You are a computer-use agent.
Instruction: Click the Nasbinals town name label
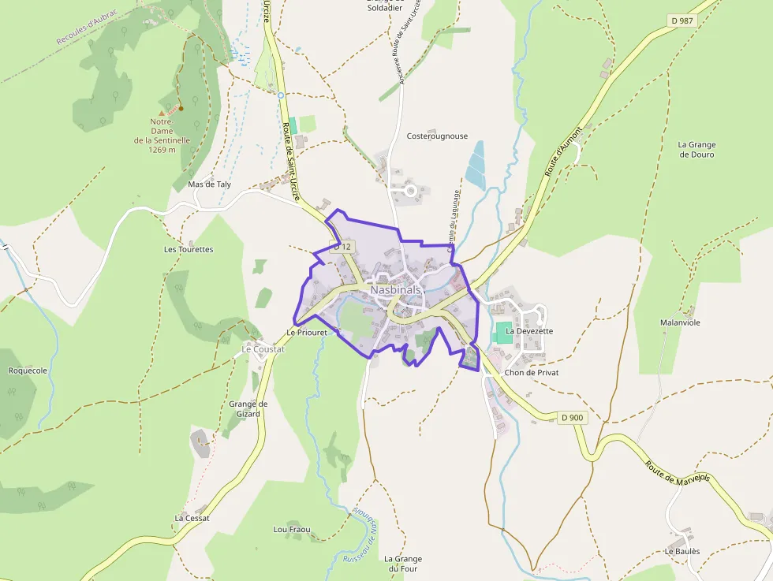tap(395, 290)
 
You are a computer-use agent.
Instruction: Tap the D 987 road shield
tap(682, 20)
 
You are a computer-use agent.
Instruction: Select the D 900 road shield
tap(573, 417)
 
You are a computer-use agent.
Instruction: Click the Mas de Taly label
tap(210, 184)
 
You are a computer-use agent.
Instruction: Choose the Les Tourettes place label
tap(189, 249)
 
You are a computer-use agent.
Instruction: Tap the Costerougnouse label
tap(437, 136)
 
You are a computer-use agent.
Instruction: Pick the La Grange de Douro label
tap(696, 150)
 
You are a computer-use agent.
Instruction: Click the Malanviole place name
tap(680, 323)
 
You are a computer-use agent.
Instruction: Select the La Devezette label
tap(529, 331)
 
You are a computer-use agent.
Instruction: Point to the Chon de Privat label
tap(532, 372)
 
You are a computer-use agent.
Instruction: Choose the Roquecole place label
tap(28, 371)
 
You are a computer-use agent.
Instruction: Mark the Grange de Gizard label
tap(248, 409)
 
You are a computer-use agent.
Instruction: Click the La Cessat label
tap(192, 518)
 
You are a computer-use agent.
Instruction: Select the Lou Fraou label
tap(292, 529)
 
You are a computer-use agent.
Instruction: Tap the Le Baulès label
tap(682, 552)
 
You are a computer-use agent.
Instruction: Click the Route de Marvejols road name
tap(678, 482)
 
